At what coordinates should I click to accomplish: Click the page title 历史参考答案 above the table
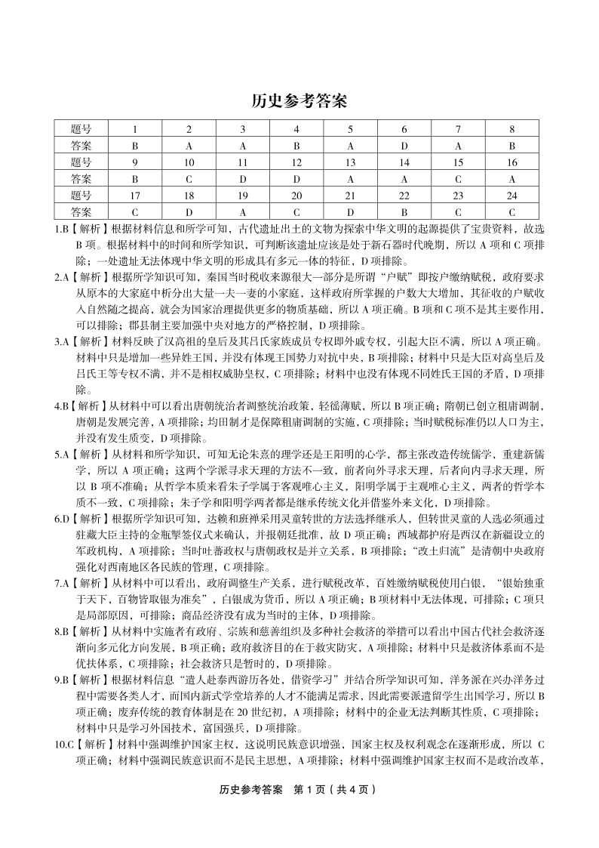[299, 101]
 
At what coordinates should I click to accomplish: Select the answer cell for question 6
[404, 146]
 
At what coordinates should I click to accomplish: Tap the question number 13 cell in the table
[350, 162]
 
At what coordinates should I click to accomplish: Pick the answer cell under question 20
[296, 212]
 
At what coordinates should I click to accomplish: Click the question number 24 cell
[512, 196]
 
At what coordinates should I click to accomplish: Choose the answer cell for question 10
[189, 179]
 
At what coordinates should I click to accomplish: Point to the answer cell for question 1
[134, 146]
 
